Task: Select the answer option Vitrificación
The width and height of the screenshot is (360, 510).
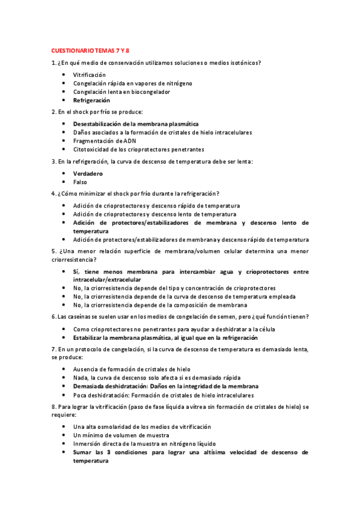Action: tap(89, 75)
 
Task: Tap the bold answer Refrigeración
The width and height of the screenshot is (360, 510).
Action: tap(91, 100)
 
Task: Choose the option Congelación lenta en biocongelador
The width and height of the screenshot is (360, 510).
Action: tap(121, 92)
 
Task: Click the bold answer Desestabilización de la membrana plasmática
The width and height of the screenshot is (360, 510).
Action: tap(135, 124)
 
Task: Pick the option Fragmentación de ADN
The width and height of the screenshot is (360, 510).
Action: tap(105, 141)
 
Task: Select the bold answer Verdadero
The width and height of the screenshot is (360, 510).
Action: tap(88, 173)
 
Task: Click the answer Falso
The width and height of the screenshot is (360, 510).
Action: tap(80, 182)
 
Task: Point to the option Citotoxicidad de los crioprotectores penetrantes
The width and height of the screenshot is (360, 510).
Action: tap(138, 149)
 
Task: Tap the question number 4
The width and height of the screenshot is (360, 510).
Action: tap(54, 194)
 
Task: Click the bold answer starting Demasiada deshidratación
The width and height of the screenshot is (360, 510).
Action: tap(166, 386)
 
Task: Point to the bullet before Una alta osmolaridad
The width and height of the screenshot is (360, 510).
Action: tap(64, 426)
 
